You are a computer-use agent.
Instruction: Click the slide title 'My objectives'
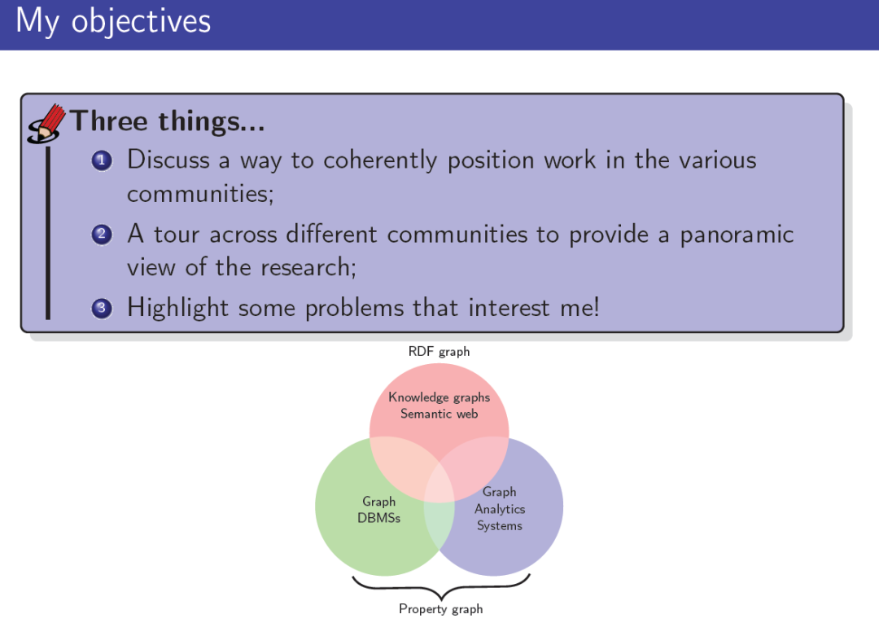113,22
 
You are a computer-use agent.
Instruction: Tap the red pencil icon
46,123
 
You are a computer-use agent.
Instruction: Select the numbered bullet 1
102,161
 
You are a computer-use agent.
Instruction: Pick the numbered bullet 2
102,234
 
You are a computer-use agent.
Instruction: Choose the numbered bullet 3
102,308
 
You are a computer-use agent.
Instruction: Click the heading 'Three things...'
167,121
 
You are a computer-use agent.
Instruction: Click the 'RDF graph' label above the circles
439,352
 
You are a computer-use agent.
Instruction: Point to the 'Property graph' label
440,609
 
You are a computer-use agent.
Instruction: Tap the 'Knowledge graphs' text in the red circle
439,397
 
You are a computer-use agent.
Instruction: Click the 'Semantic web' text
439,414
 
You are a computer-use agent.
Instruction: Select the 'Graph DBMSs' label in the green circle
379,510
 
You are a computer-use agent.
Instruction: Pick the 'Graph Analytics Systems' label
500,509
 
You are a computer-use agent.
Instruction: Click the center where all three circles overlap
439,482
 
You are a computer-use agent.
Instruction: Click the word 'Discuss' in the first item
168,160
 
